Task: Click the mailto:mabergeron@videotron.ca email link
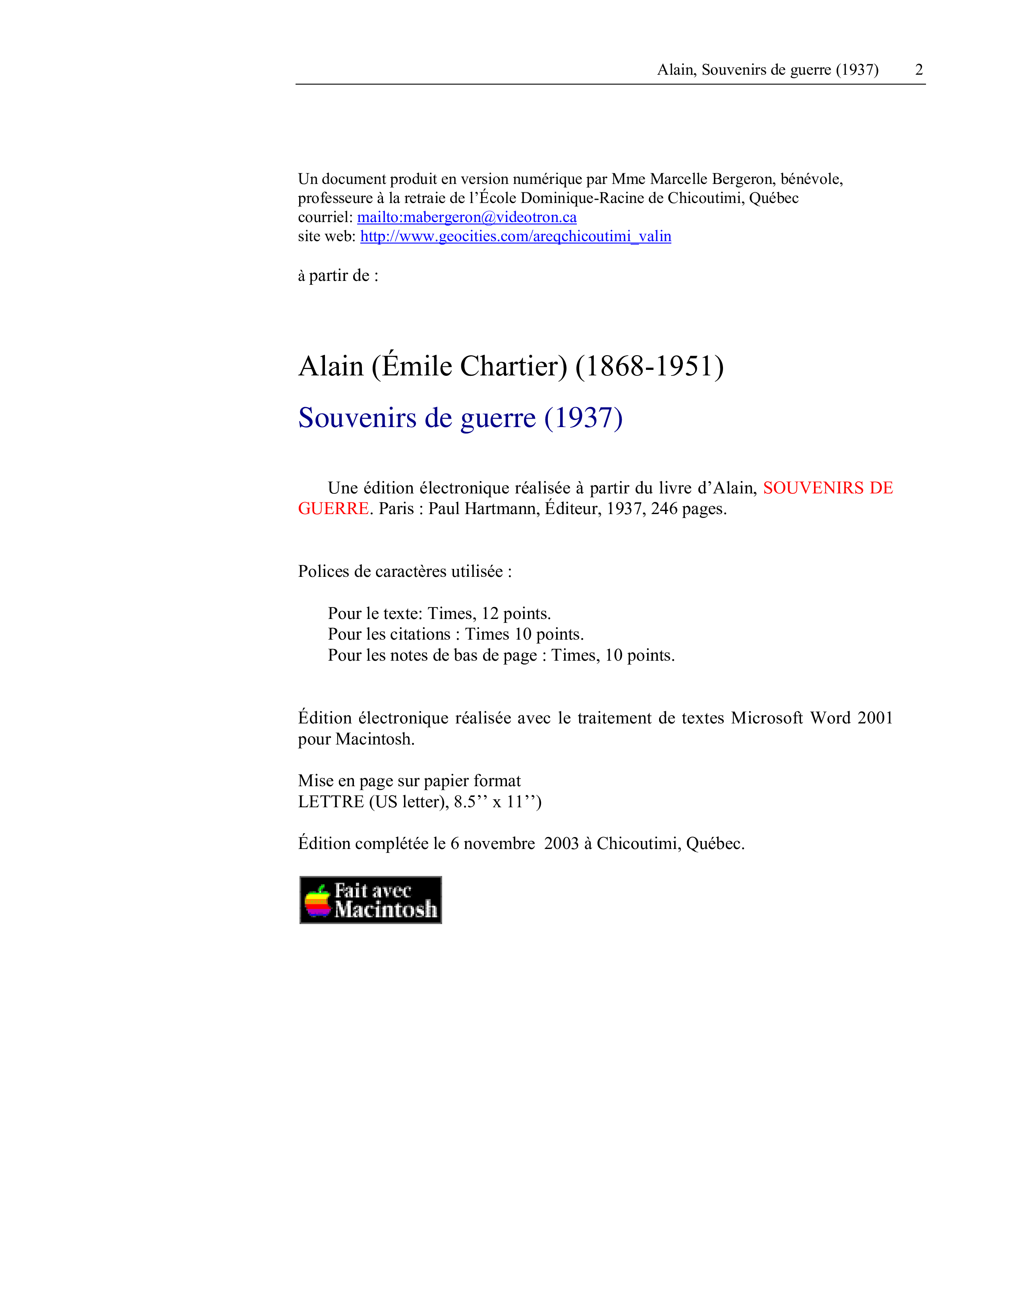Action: (x=467, y=217)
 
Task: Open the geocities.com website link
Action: (x=516, y=236)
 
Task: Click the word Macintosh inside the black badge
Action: (x=386, y=909)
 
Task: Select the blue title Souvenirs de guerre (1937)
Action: (x=460, y=418)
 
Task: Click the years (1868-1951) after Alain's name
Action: (x=650, y=366)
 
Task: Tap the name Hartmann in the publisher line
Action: (x=502, y=509)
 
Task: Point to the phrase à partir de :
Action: (x=338, y=276)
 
